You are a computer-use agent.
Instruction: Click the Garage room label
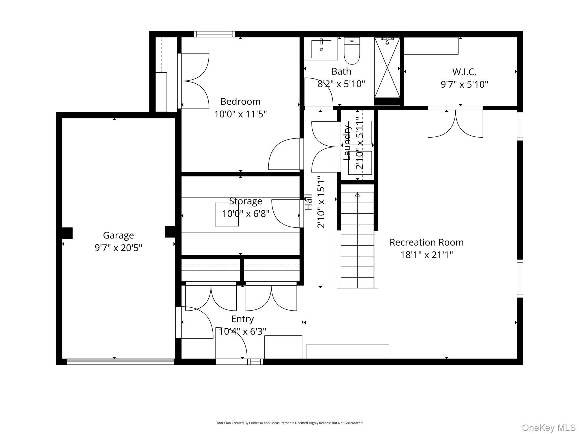pyautogui.click(x=118, y=235)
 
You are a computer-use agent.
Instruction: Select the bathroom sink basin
pyautogui.click(x=321, y=49)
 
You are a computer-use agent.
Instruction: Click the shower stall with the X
pyautogui.click(x=387, y=68)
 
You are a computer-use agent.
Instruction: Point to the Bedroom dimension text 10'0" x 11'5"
pyautogui.click(x=240, y=114)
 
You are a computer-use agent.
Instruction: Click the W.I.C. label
pyautogui.click(x=464, y=72)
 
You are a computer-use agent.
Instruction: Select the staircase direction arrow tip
pyautogui.click(x=357, y=194)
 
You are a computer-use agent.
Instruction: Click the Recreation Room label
pyautogui.click(x=426, y=242)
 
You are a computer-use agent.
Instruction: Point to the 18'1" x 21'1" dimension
pyautogui.click(x=426, y=255)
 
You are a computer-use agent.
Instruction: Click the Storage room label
pyautogui.click(x=245, y=201)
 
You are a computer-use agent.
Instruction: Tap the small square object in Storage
pyautogui.click(x=226, y=215)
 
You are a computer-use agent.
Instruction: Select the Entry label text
pyautogui.click(x=242, y=319)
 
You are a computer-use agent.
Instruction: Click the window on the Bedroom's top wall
pyautogui.click(x=214, y=34)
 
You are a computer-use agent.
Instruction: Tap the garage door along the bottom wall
pyautogui.click(x=120, y=361)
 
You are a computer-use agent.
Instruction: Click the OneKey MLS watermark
pyautogui.click(x=548, y=428)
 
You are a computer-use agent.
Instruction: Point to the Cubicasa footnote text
pyautogui.click(x=289, y=423)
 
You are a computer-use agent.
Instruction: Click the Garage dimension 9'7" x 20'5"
pyautogui.click(x=118, y=248)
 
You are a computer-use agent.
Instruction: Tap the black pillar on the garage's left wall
pyautogui.click(x=67, y=233)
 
